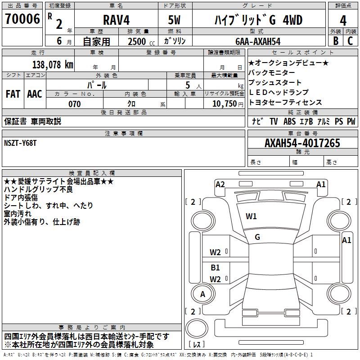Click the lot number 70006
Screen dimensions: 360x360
click(x=22, y=19)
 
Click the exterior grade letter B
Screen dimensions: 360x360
click(x=335, y=41)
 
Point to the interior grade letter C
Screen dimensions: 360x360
click(x=351, y=41)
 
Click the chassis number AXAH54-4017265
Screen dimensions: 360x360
click(x=302, y=144)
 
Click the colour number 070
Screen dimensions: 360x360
click(x=74, y=104)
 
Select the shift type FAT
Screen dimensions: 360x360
click(x=13, y=94)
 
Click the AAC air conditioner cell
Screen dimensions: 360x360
click(x=35, y=94)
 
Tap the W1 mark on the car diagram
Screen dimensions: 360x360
click(x=251, y=216)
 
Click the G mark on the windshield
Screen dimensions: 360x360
click(x=257, y=237)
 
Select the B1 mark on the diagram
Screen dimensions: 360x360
click(x=215, y=268)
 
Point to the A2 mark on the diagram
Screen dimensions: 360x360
click(x=220, y=184)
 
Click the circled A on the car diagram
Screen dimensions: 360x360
click(x=202, y=294)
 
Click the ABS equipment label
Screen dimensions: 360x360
click(x=289, y=121)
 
